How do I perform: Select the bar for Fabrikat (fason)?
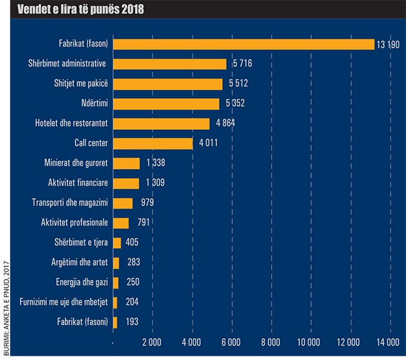click(x=244, y=44)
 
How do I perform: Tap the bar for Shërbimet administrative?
click(x=169, y=64)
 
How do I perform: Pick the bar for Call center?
click(x=152, y=144)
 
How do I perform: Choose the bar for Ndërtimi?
click(x=166, y=104)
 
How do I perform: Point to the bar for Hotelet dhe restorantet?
click(x=161, y=124)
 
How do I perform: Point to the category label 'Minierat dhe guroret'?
click(x=77, y=163)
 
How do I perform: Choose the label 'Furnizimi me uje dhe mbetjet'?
click(x=64, y=302)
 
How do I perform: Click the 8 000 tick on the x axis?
click(x=270, y=342)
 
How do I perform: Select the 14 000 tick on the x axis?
click(x=389, y=342)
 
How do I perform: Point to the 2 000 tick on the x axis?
click(x=152, y=342)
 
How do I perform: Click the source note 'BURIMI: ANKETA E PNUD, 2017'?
click(x=6, y=294)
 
